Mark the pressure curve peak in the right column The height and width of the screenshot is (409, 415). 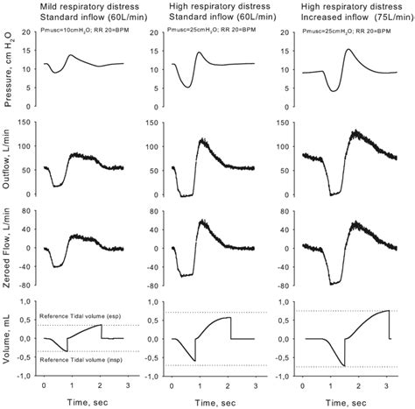click(348, 49)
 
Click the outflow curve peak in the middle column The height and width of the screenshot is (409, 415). click(210, 140)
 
